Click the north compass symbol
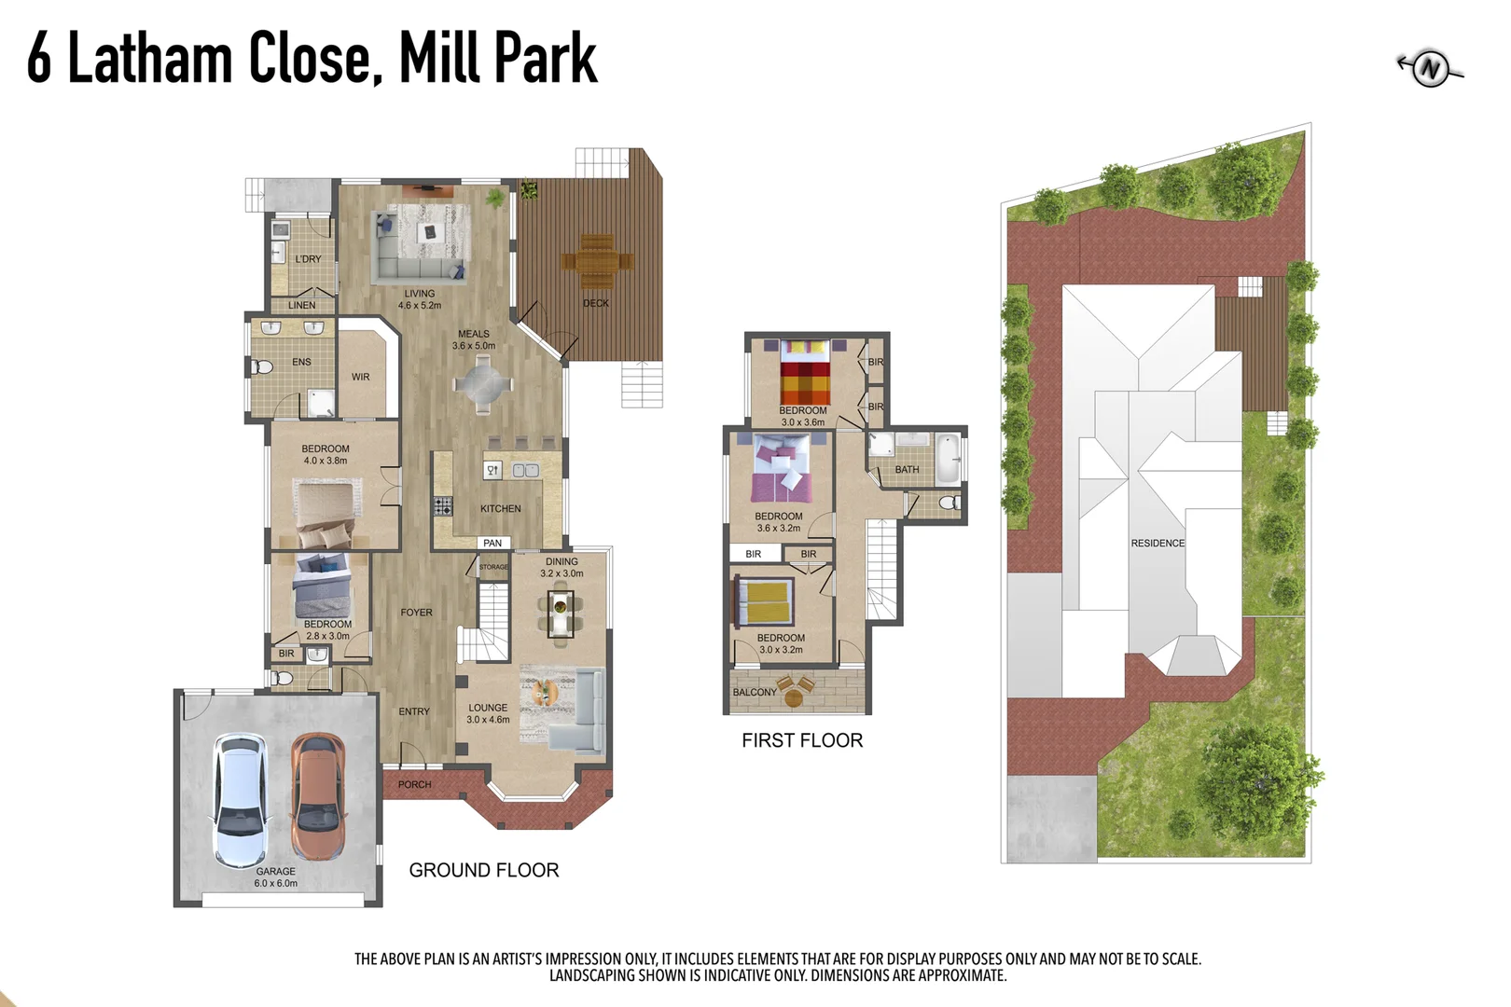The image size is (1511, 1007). (1430, 68)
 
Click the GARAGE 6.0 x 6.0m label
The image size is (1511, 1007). (276, 877)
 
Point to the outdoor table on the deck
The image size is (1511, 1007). (597, 261)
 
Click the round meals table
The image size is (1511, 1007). (482, 383)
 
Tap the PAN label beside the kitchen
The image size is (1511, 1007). (492, 543)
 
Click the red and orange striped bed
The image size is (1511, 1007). (805, 376)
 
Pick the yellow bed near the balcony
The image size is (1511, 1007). (766, 602)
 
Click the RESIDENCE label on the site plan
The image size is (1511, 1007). (1158, 543)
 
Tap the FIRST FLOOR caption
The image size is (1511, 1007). (802, 740)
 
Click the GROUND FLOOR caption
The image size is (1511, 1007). (483, 870)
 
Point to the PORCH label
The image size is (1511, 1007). (414, 784)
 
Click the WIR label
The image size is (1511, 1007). (361, 377)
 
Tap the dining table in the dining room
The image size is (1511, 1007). (560, 615)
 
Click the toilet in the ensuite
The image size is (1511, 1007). (263, 367)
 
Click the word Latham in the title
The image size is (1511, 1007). (149, 58)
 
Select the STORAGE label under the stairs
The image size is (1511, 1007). (493, 567)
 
